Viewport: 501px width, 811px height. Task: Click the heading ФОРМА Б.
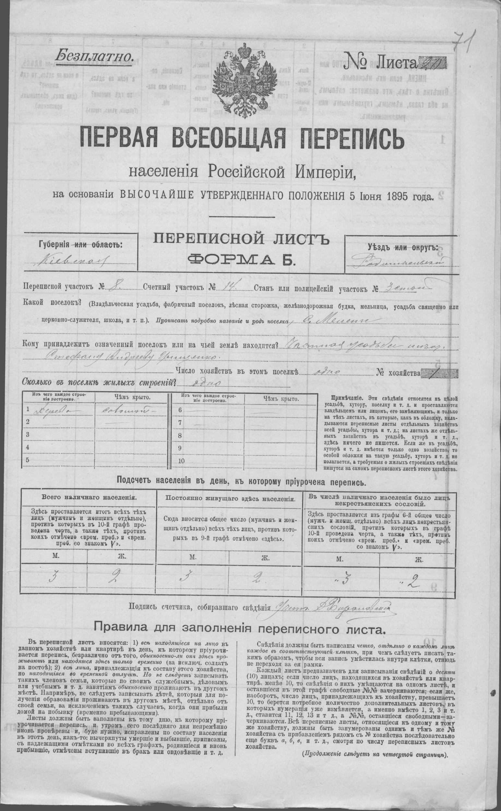[x=241, y=258]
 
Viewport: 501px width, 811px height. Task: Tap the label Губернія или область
[x=80, y=245]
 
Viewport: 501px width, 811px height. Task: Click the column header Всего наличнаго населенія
[x=88, y=498]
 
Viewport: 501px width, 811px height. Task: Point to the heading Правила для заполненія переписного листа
[x=240, y=627]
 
